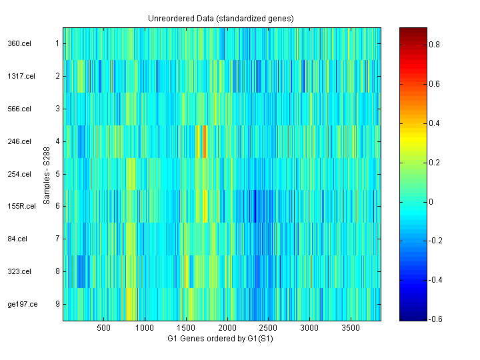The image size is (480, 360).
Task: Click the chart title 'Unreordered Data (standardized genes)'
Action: (221, 18)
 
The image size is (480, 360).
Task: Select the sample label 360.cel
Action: (17, 43)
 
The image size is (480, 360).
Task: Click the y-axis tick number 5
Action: (57, 174)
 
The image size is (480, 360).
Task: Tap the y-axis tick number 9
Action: (57, 305)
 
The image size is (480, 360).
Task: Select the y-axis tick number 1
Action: (57, 43)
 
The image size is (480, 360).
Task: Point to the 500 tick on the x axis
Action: (103, 328)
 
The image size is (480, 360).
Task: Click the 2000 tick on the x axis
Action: (227, 328)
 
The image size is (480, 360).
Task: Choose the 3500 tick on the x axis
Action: (350, 328)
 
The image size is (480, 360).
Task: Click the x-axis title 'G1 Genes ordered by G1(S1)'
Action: (222, 338)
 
